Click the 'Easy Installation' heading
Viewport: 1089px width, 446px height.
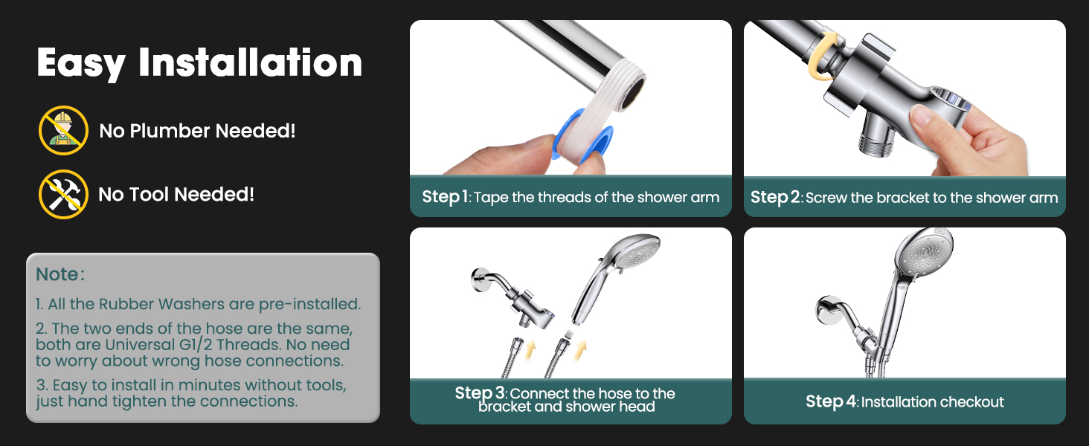click(199, 62)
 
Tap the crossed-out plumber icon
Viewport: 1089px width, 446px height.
click(63, 130)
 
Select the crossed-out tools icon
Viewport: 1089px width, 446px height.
click(63, 194)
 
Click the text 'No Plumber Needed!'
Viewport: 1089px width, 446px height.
click(197, 131)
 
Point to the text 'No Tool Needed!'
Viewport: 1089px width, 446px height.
click(176, 195)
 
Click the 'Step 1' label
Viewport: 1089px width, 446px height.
click(445, 197)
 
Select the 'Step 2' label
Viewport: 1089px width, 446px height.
click(774, 197)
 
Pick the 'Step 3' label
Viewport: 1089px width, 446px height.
click(480, 393)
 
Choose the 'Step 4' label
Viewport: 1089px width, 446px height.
click(830, 402)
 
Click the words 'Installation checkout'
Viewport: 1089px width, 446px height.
click(932, 402)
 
